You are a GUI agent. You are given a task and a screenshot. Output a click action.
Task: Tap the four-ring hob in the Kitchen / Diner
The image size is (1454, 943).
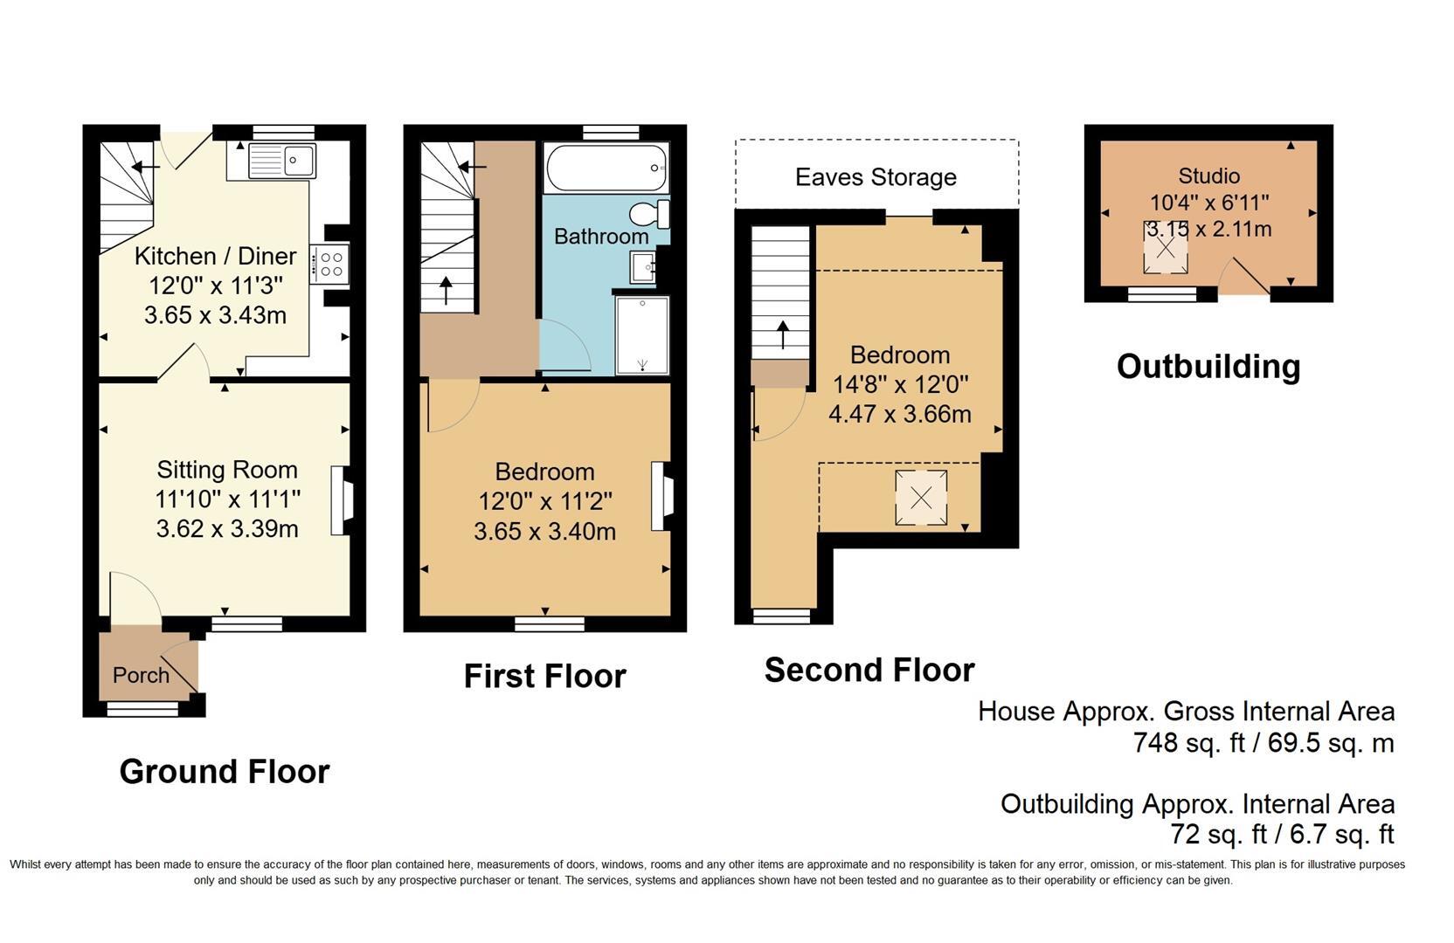coord(332,264)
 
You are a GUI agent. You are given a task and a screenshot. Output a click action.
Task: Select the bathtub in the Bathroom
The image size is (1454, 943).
coord(606,168)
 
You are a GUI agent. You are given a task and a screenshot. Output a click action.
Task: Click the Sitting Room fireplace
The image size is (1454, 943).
coord(341,500)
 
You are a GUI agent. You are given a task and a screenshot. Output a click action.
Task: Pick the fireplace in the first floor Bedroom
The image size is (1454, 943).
coord(661,496)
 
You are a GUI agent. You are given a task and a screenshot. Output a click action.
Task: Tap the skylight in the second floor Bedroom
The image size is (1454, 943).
coord(921,498)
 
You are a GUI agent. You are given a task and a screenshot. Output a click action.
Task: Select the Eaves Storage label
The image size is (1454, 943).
coord(876,177)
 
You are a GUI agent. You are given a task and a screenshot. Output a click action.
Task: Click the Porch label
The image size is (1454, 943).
coord(141,675)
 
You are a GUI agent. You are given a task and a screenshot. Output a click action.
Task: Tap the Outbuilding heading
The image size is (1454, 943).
coord(1208,367)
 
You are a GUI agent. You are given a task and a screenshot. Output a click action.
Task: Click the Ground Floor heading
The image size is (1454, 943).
coord(224,772)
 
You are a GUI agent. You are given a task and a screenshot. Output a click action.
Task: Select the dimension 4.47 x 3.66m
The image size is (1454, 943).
coord(900,414)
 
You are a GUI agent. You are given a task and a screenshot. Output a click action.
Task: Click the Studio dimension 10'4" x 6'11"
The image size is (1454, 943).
coord(1208,203)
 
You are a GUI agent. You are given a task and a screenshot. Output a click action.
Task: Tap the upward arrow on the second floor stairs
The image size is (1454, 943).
coord(783,334)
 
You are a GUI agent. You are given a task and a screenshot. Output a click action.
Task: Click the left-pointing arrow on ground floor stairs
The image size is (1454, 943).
coord(143,166)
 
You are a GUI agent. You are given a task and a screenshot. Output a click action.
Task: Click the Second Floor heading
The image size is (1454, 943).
coord(869,671)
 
